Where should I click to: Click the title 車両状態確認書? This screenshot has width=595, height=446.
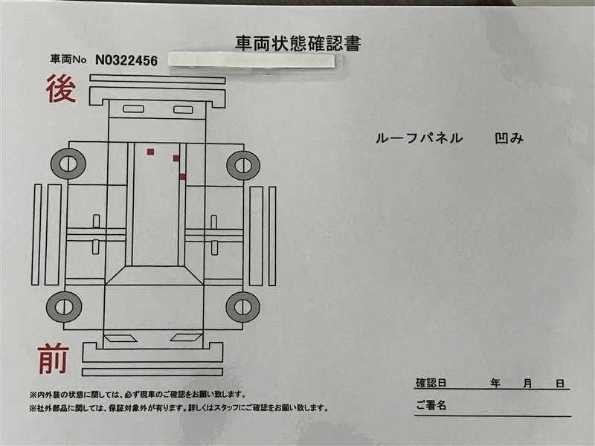point(298,44)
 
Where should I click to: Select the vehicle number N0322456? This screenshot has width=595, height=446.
point(126,60)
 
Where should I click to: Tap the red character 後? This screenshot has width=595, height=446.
point(61,88)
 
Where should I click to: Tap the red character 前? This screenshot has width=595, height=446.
point(53,358)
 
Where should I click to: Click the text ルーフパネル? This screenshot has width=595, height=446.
point(419,138)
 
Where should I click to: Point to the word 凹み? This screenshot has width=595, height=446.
point(509,138)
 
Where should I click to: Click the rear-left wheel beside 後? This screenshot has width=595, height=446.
point(68,164)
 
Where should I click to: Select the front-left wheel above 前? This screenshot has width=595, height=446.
point(64,307)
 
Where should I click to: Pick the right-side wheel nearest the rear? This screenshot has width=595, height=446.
point(243,165)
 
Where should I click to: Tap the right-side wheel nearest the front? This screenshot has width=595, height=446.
point(243,307)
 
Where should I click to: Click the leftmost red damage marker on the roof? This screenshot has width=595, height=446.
point(151,152)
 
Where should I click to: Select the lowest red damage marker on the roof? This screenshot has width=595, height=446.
point(182,177)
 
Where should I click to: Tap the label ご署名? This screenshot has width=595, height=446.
point(431,405)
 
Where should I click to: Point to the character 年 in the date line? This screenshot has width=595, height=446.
point(495,383)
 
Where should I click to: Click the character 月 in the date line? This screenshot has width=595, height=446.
point(527,384)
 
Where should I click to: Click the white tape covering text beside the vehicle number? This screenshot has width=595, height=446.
point(251,61)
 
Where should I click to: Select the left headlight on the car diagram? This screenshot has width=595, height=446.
point(120,338)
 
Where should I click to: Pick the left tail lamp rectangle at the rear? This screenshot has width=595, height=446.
point(134,109)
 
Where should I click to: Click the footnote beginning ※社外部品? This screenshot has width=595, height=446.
point(178,408)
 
